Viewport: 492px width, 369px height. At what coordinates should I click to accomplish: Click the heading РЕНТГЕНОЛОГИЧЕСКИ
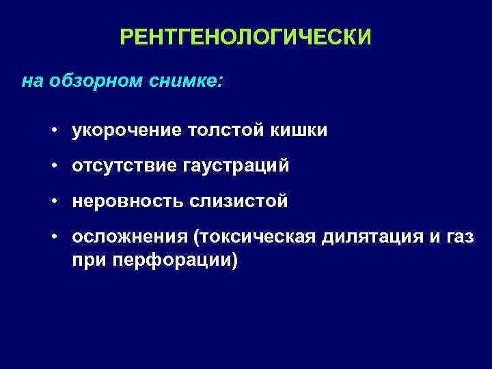pos(246,37)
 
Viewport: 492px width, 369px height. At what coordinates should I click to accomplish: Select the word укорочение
pos(122,131)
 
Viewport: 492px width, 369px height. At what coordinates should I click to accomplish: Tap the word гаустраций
pos(231,166)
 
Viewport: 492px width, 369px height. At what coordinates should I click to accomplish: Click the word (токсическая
pos(253,237)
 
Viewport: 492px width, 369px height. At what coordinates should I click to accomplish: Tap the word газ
pos(459,237)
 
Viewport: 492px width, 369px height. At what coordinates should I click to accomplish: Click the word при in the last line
pos(88,260)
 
